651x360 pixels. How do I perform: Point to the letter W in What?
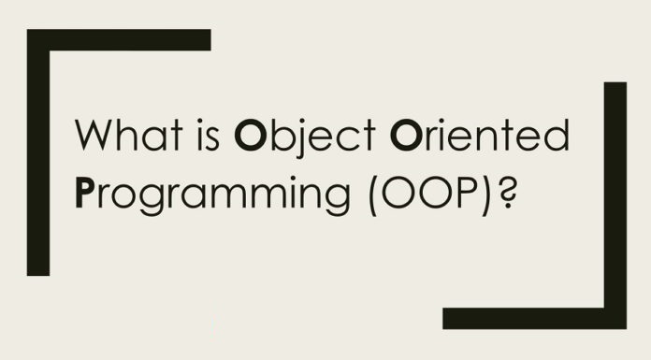(x=95, y=137)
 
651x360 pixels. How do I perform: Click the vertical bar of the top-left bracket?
(x=37, y=159)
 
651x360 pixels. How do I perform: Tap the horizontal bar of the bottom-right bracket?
(x=533, y=318)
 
